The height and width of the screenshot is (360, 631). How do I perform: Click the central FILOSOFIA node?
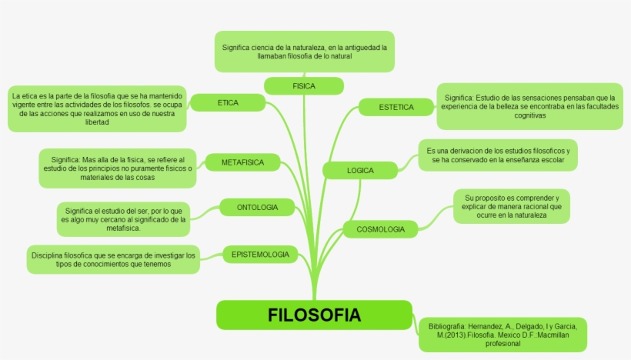point(314,315)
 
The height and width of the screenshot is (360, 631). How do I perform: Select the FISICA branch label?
point(303,86)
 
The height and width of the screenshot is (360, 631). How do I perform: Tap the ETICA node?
point(228,102)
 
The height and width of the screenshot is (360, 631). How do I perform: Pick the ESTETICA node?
point(396,108)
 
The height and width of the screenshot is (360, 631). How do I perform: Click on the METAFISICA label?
point(242,162)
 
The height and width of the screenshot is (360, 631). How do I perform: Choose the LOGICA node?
point(360,170)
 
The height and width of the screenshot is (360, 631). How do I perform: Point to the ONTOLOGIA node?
point(257,207)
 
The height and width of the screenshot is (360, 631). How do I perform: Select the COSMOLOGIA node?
point(380,229)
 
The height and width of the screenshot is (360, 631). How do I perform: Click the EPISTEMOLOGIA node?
point(260,254)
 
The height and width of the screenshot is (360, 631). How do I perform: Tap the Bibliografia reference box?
point(502,335)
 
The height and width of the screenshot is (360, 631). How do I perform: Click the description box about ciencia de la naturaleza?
point(304,52)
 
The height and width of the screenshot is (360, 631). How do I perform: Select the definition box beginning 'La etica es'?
point(97,108)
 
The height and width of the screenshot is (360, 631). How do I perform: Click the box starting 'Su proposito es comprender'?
point(511,206)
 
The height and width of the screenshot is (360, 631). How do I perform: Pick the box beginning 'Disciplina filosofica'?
point(113,259)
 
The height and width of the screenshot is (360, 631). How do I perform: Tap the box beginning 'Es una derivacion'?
point(497,155)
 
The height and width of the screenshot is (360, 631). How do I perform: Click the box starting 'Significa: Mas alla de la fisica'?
point(117,168)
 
